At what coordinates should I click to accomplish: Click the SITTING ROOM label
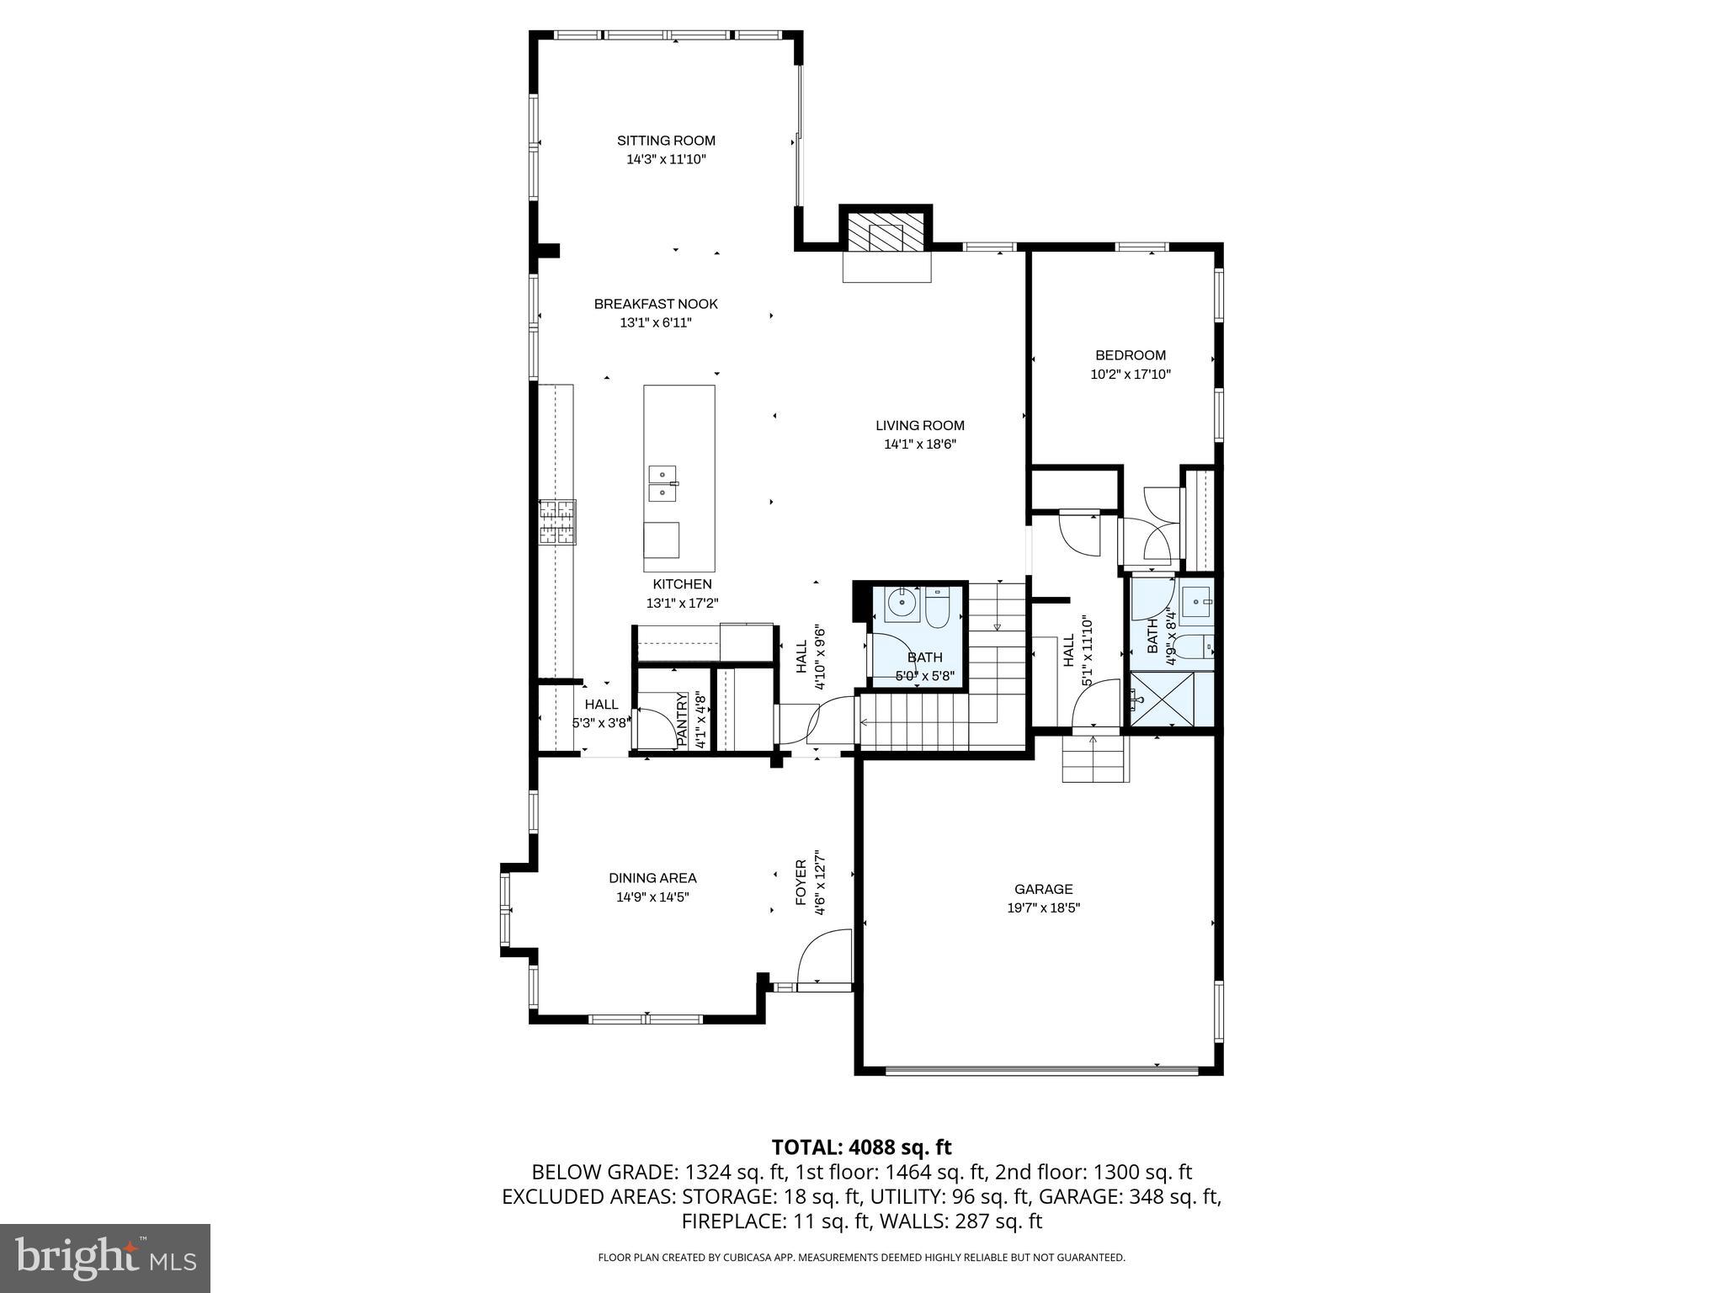(x=666, y=141)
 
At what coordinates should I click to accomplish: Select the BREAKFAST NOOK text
(x=656, y=304)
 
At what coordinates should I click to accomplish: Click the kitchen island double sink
(x=662, y=484)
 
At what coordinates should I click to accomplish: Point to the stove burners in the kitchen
(x=557, y=522)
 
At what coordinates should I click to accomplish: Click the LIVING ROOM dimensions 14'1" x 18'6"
(x=920, y=444)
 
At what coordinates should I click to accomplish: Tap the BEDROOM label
(x=1130, y=355)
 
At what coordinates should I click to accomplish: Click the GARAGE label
(x=1043, y=889)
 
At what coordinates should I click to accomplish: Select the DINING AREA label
(x=652, y=878)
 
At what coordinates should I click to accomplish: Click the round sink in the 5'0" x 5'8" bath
(x=901, y=604)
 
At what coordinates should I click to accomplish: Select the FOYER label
(x=801, y=882)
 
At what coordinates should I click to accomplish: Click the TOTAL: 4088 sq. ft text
(x=861, y=1147)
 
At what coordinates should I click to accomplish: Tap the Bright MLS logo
(x=105, y=1258)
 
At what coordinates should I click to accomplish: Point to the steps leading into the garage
(x=1094, y=759)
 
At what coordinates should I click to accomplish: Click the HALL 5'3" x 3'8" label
(x=601, y=705)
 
